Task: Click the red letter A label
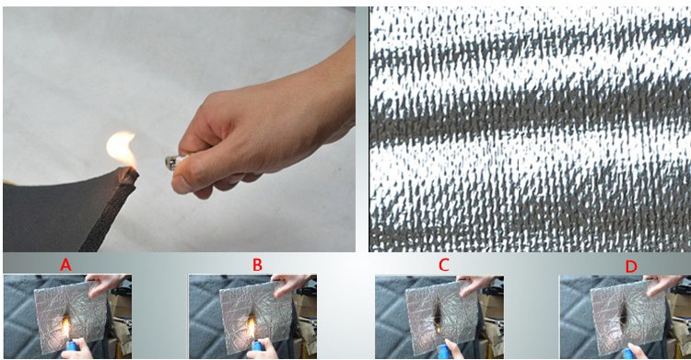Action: (x=65, y=265)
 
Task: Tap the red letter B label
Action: (x=257, y=265)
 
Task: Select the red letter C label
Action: (x=444, y=265)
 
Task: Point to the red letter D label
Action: (x=631, y=266)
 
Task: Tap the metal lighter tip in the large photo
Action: (x=171, y=163)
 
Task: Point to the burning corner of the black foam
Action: (x=128, y=175)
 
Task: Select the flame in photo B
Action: (x=252, y=327)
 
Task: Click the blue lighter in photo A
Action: (x=71, y=347)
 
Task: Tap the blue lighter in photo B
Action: (x=256, y=347)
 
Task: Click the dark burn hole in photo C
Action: (x=439, y=314)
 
